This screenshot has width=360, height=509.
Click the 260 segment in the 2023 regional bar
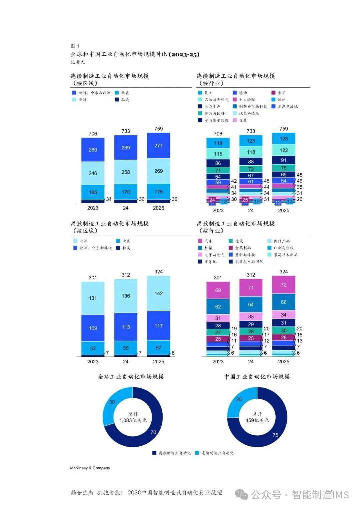pyautogui.click(x=93, y=150)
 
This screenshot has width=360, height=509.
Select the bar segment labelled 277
pyautogui.click(x=159, y=146)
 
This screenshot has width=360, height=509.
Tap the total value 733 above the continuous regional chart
pyautogui.click(x=126, y=131)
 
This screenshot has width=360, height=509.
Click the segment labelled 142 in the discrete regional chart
pyautogui.click(x=159, y=293)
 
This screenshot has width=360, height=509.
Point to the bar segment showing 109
pyautogui.click(x=93, y=328)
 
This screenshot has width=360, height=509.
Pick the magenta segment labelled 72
pyautogui.click(x=284, y=285)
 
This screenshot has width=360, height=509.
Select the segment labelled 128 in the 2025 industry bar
pyautogui.click(x=284, y=139)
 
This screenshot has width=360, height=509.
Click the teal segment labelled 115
pyautogui.click(x=218, y=154)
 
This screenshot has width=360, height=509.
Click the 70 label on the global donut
pyautogui.click(x=153, y=432)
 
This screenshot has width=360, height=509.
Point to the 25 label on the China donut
pyautogui.click(x=239, y=399)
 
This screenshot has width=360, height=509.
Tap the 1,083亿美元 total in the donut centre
pyautogui.click(x=133, y=420)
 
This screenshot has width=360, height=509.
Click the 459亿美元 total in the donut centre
pyautogui.click(x=257, y=420)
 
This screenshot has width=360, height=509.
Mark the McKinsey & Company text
pyautogui.click(x=90, y=468)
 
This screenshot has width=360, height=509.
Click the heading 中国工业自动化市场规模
pyautogui.click(x=257, y=377)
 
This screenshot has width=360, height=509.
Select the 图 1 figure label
pyautogui.click(x=75, y=46)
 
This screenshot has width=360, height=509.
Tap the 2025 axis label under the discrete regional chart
pyautogui.click(x=159, y=362)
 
